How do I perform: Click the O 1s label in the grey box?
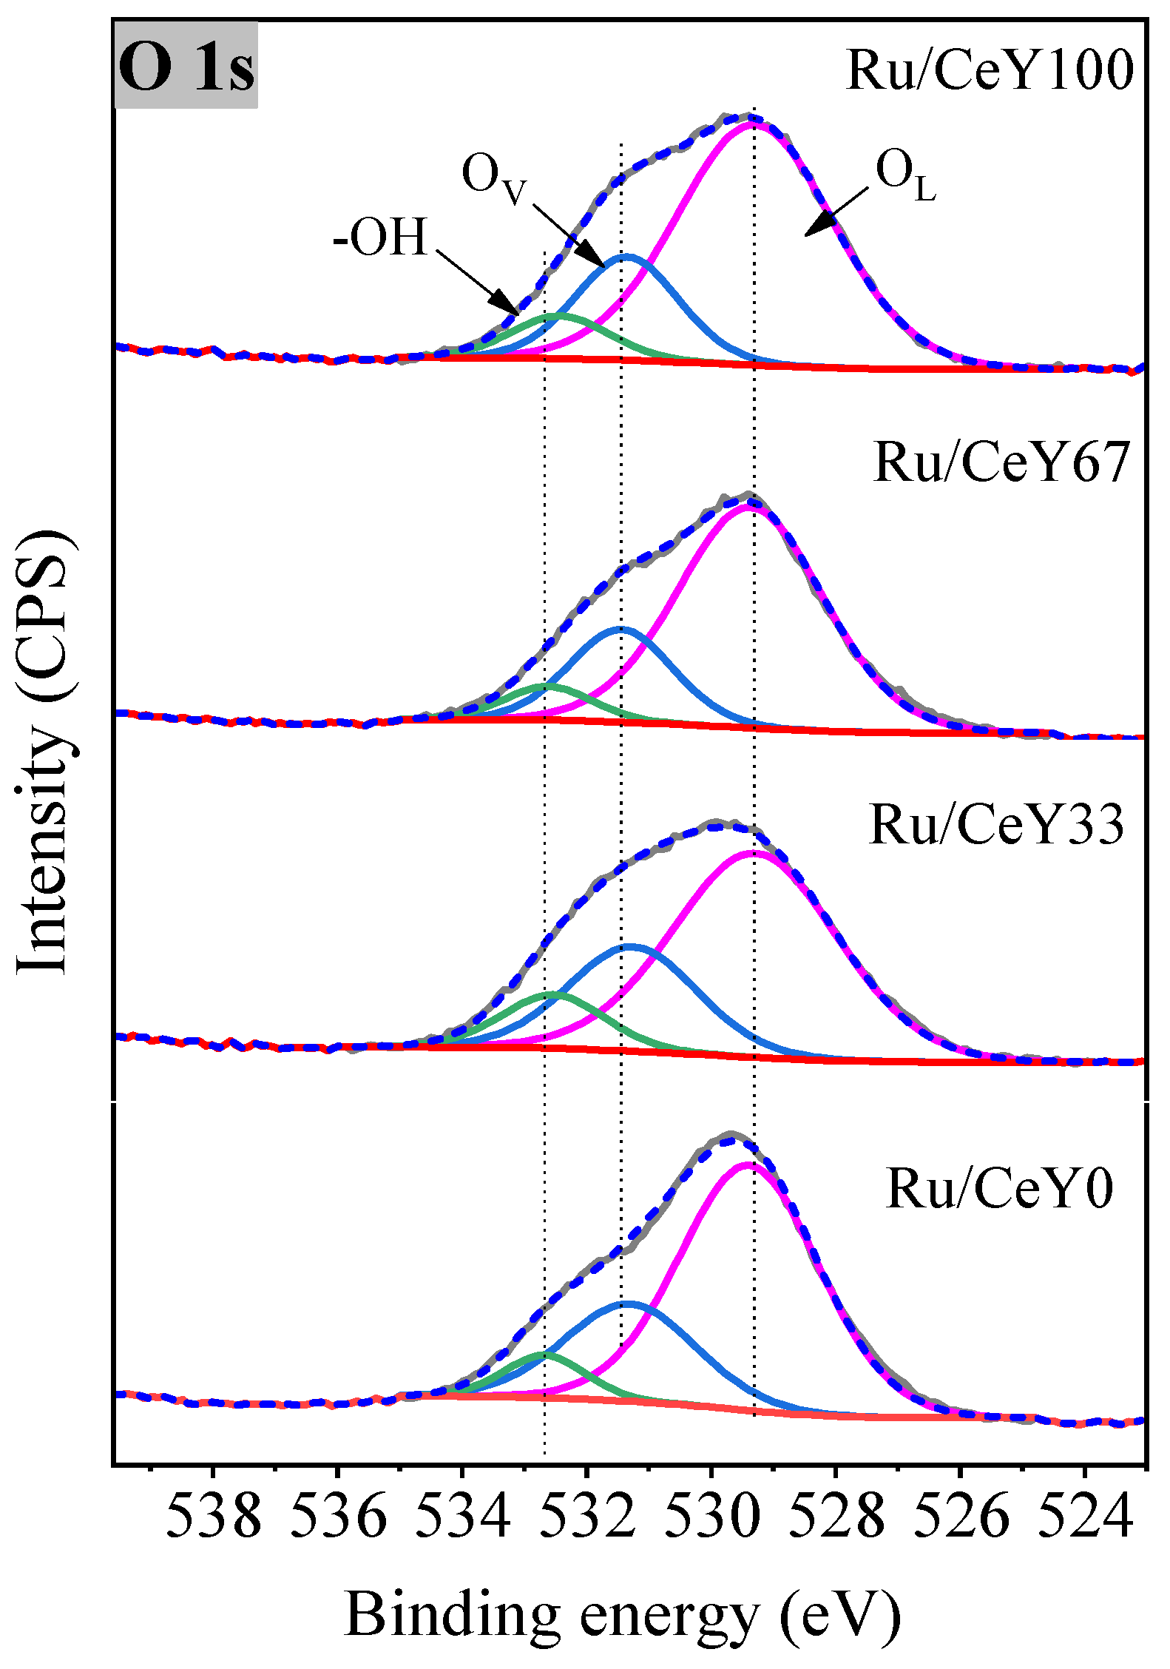(x=186, y=67)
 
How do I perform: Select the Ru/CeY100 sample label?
(x=989, y=70)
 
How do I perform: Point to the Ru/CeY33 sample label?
(x=996, y=824)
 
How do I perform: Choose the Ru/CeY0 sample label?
(x=999, y=1189)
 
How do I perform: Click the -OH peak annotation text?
(x=380, y=238)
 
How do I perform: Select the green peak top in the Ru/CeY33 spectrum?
(x=552, y=995)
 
